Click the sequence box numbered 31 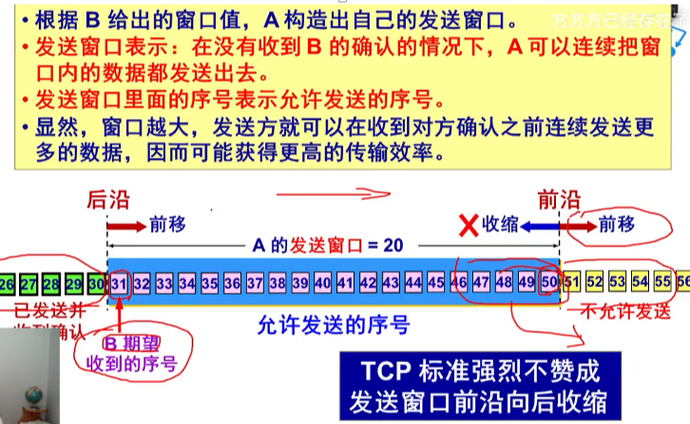pyautogui.click(x=119, y=282)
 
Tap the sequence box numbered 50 pyautogui.click(x=549, y=282)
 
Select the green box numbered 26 pyautogui.click(x=7, y=282)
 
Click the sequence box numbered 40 pyautogui.click(x=322, y=282)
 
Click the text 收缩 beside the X pyautogui.click(x=500, y=225)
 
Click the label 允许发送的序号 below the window pyautogui.click(x=334, y=325)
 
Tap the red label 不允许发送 pyautogui.click(x=614, y=312)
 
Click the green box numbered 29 pyautogui.click(x=74, y=282)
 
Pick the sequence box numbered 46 pyautogui.click(x=459, y=282)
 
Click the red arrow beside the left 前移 pyautogui.click(x=125, y=225)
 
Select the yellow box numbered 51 pyautogui.click(x=571, y=282)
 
